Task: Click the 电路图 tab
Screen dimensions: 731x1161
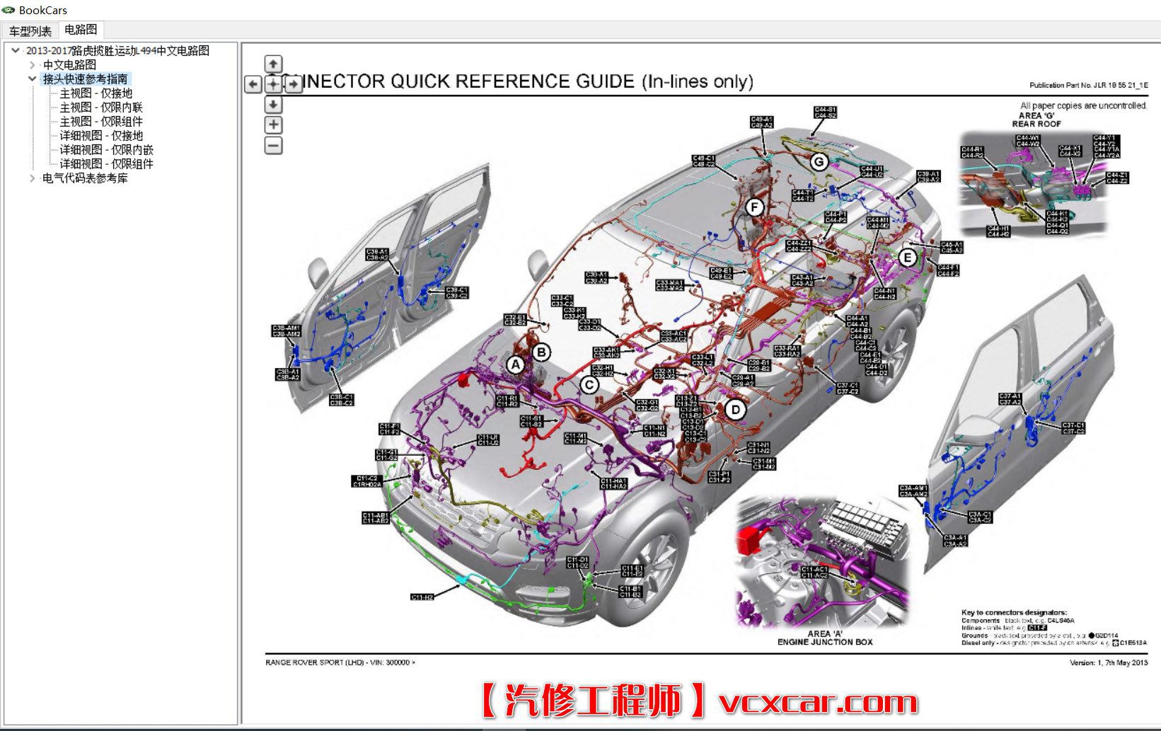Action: tap(80, 30)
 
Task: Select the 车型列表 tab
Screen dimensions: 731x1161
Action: tap(30, 31)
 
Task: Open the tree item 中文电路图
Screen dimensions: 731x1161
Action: tap(69, 64)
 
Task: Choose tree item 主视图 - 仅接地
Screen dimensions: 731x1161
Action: tap(96, 93)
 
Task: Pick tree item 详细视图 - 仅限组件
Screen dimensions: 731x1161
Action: tap(106, 163)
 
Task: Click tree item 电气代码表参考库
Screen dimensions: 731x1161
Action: tap(85, 178)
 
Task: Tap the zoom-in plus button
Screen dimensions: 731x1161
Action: tap(273, 125)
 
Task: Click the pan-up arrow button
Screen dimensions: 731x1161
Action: tap(273, 64)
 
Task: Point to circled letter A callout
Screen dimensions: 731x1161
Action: tap(516, 364)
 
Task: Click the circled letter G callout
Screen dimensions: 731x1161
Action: tap(819, 162)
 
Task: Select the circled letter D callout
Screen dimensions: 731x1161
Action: tap(735, 409)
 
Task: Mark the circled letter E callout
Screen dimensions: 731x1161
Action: tap(907, 258)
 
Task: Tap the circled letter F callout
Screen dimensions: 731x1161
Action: tap(755, 207)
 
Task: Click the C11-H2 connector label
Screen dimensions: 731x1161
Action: tap(422, 597)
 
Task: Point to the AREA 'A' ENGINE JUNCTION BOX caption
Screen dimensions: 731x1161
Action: tap(824, 638)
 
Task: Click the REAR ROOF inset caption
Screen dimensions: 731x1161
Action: tap(1036, 124)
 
